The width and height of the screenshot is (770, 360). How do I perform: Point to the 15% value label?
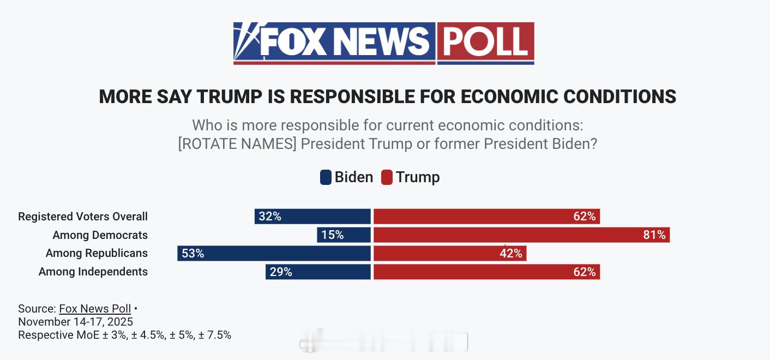pos(332,235)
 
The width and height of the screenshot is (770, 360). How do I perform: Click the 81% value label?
pos(654,235)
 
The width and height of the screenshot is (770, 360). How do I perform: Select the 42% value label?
pos(511,253)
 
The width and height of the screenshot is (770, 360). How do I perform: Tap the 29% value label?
pos(281,272)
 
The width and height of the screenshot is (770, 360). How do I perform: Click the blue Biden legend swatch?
pos(326,177)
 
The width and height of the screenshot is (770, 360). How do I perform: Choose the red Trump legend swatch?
pos(387,177)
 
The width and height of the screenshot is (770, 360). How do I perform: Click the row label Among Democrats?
pos(100,235)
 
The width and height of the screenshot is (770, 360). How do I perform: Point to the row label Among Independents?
pos(93,272)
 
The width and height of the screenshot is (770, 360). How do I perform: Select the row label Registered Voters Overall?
pos(83,217)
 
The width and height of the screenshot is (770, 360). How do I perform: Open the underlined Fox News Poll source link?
pos(95,309)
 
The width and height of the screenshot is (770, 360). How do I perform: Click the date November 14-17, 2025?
pos(75,322)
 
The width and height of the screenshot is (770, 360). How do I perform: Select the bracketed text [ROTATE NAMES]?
pos(237,145)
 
